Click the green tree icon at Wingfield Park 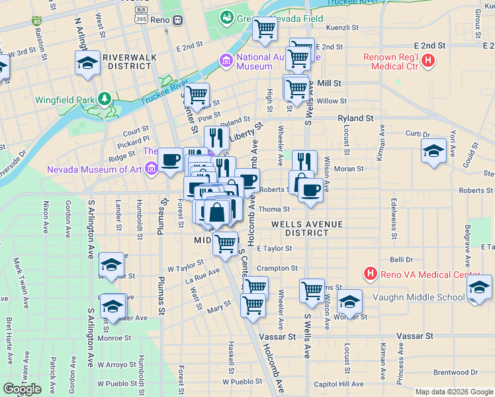pos(104,99)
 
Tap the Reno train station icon pos(177,20)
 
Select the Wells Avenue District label pos(307,229)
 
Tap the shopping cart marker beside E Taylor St pos(226,243)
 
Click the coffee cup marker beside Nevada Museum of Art pos(171,159)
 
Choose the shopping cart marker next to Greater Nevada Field pos(265,29)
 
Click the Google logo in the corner pos(22,389)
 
